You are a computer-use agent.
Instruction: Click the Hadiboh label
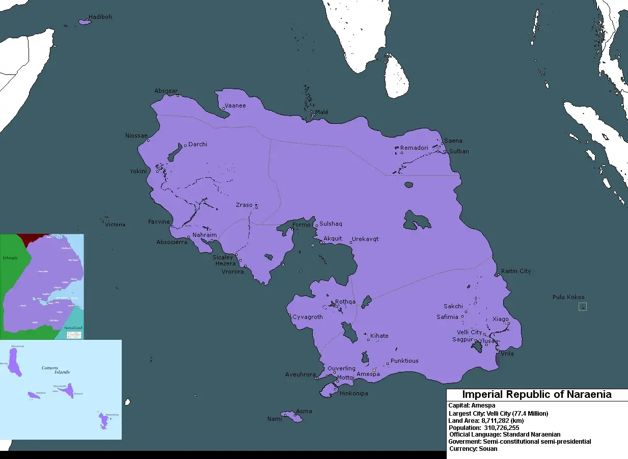[x=100, y=17]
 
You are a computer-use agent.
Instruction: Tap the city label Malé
[x=321, y=112]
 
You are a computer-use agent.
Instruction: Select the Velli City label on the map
[x=469, y=332]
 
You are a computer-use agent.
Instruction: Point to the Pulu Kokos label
[x=568, y=297]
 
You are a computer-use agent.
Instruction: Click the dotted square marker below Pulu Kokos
[x=583, y=307]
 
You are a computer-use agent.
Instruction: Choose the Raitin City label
[x=515, y=271]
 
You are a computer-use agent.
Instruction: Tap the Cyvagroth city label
[x=307, y=317]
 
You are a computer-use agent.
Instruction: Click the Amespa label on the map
[x=368, y=374]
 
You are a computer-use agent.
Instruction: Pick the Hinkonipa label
[x=353, y=393]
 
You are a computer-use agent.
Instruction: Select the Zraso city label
[x=244, y=205]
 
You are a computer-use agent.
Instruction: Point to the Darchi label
[x=198, y=144]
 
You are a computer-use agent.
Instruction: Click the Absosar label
[x=166, y=91]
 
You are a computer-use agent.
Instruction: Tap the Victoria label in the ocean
[x=115, y=224]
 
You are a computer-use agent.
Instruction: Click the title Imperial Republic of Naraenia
[x=536, y=395]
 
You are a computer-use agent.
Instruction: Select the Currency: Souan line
[x=473, y=449]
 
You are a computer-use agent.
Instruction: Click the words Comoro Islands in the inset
[x=55, y=370]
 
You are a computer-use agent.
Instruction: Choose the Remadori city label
[x=414, y=148]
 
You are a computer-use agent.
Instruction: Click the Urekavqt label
[x=365, y=239]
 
